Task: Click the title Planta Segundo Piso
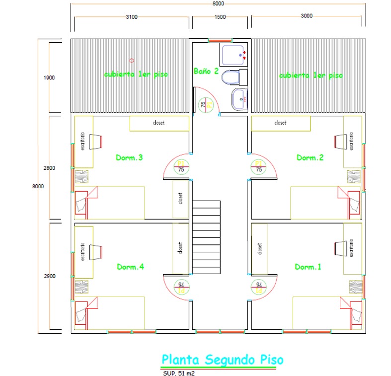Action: click(223, 359)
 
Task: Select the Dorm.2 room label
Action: click(310, 157)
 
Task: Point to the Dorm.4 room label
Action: click(130, 267)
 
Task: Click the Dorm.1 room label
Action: click(308, 267)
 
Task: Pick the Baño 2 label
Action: click(206, 71)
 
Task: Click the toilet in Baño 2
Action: click(234, 77)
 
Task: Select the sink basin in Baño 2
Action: click(239, 99)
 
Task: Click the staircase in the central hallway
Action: click(206, 237)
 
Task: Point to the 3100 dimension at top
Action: click(131, 16)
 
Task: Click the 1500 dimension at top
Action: click(220, 16)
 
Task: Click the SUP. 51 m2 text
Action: click(178, 373)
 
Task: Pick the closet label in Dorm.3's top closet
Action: click(159, 122)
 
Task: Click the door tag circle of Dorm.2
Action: click(258, 167)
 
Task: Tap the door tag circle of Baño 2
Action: click(203, 104)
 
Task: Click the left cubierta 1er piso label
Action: click(136, 75)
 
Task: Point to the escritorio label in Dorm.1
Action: click(351, 247)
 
